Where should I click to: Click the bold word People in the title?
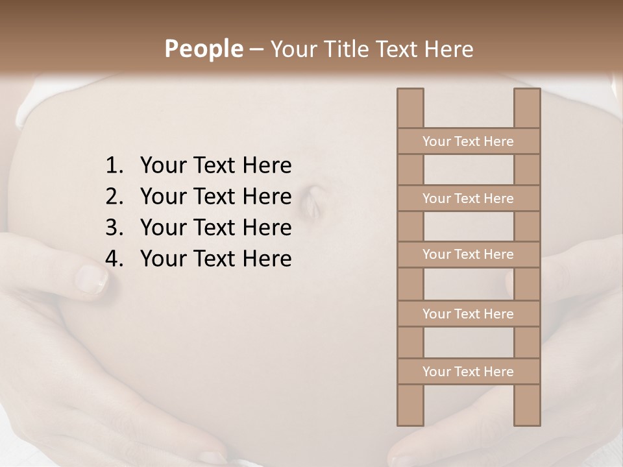point(203,49)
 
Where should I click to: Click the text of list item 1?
point(215,166)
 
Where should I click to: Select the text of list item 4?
point(215,259)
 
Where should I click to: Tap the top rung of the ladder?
point(468,141)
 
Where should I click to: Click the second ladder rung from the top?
point(468,198)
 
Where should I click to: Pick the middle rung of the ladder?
point(468,254)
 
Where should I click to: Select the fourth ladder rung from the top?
point(468,314)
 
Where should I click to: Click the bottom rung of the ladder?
point(468,372)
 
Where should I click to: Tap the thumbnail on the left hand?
point(91,279)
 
